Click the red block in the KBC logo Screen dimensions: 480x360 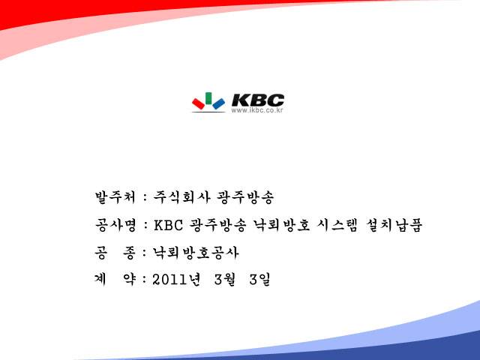[x=198, y=103]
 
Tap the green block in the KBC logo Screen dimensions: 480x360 [x=208, y=98]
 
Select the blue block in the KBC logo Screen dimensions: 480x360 [x=218, y=103]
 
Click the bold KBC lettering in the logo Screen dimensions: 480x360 [x=258, y=100]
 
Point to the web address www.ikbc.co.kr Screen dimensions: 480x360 [x=257, y=110]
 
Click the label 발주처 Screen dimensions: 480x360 [x=115, y=196]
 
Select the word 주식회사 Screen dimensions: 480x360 [x=181, y=196]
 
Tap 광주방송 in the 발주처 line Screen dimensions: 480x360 [x=245, y=196]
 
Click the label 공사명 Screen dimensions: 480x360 [x=115, y=225]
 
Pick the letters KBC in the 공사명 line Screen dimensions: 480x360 [x=168, y=225]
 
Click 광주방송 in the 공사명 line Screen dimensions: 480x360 [x=217, y=225]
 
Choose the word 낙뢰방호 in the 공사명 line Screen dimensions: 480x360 [x=282, y=225]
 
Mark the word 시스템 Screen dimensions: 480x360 [x=337, y=225]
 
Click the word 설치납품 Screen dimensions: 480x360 [x=394, y=225]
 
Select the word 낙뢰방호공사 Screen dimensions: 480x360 [x=196, y=253]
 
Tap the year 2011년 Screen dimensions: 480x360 [x=177, y=279]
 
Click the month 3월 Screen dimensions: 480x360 [x=225, y=279]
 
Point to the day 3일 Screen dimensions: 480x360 [x=260, y=279]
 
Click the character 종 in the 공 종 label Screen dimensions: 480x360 [x=129, y=253]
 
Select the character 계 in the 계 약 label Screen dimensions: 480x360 [x=100, y=279]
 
